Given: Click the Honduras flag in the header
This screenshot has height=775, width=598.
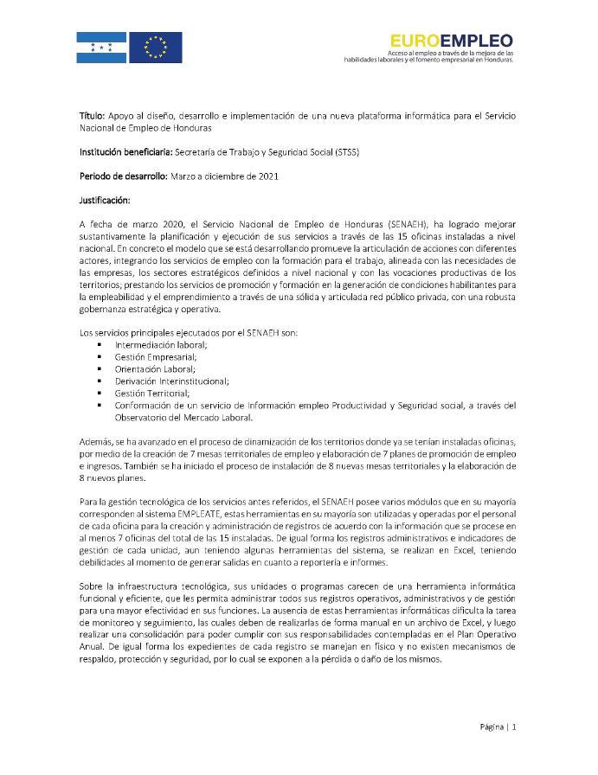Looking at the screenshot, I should coord(102,47).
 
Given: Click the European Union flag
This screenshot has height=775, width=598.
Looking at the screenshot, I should coord(157,47).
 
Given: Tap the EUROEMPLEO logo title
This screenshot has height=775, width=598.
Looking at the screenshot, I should coord(451,40).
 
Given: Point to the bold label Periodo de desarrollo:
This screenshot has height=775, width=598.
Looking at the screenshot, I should coord(117,176).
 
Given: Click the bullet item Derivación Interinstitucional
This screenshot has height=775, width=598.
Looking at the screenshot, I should coord(171,381).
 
